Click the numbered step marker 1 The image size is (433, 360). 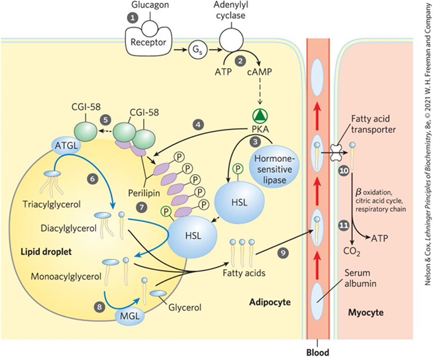pyautogui.click(x=133, y=18)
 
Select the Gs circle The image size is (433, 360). pyautogui.click(x=197, y=49)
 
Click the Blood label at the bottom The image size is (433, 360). pyautogui.click(x=318, y=353)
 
